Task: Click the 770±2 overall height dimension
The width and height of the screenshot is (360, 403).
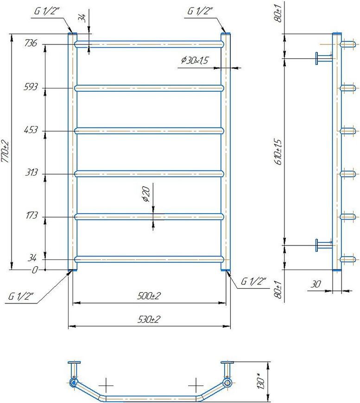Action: pyautogui.click(x=5, y=151)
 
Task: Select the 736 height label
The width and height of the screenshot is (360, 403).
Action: pyautogui.click(x=31, y=43)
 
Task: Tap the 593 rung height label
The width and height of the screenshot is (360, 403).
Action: pyautogui.click(x=31, y=87)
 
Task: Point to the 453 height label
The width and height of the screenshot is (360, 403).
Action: pyautogui.click(x=31, y=130)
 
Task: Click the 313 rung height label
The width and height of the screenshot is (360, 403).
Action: pyautogui.click(x=32, y=172)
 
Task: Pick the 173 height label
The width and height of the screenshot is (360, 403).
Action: pyautogui.click(x=32, y=215)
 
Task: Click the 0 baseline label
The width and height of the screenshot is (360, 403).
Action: pyautogui.click(x=35, y=270)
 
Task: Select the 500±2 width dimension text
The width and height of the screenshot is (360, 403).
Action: pyautogui.click(x=149, y=296)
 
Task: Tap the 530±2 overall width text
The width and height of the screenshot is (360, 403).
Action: pyautogui.click(x=149, y=320)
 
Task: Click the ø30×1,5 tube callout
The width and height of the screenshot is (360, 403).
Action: pyautogui.click(x=195, y=60)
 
